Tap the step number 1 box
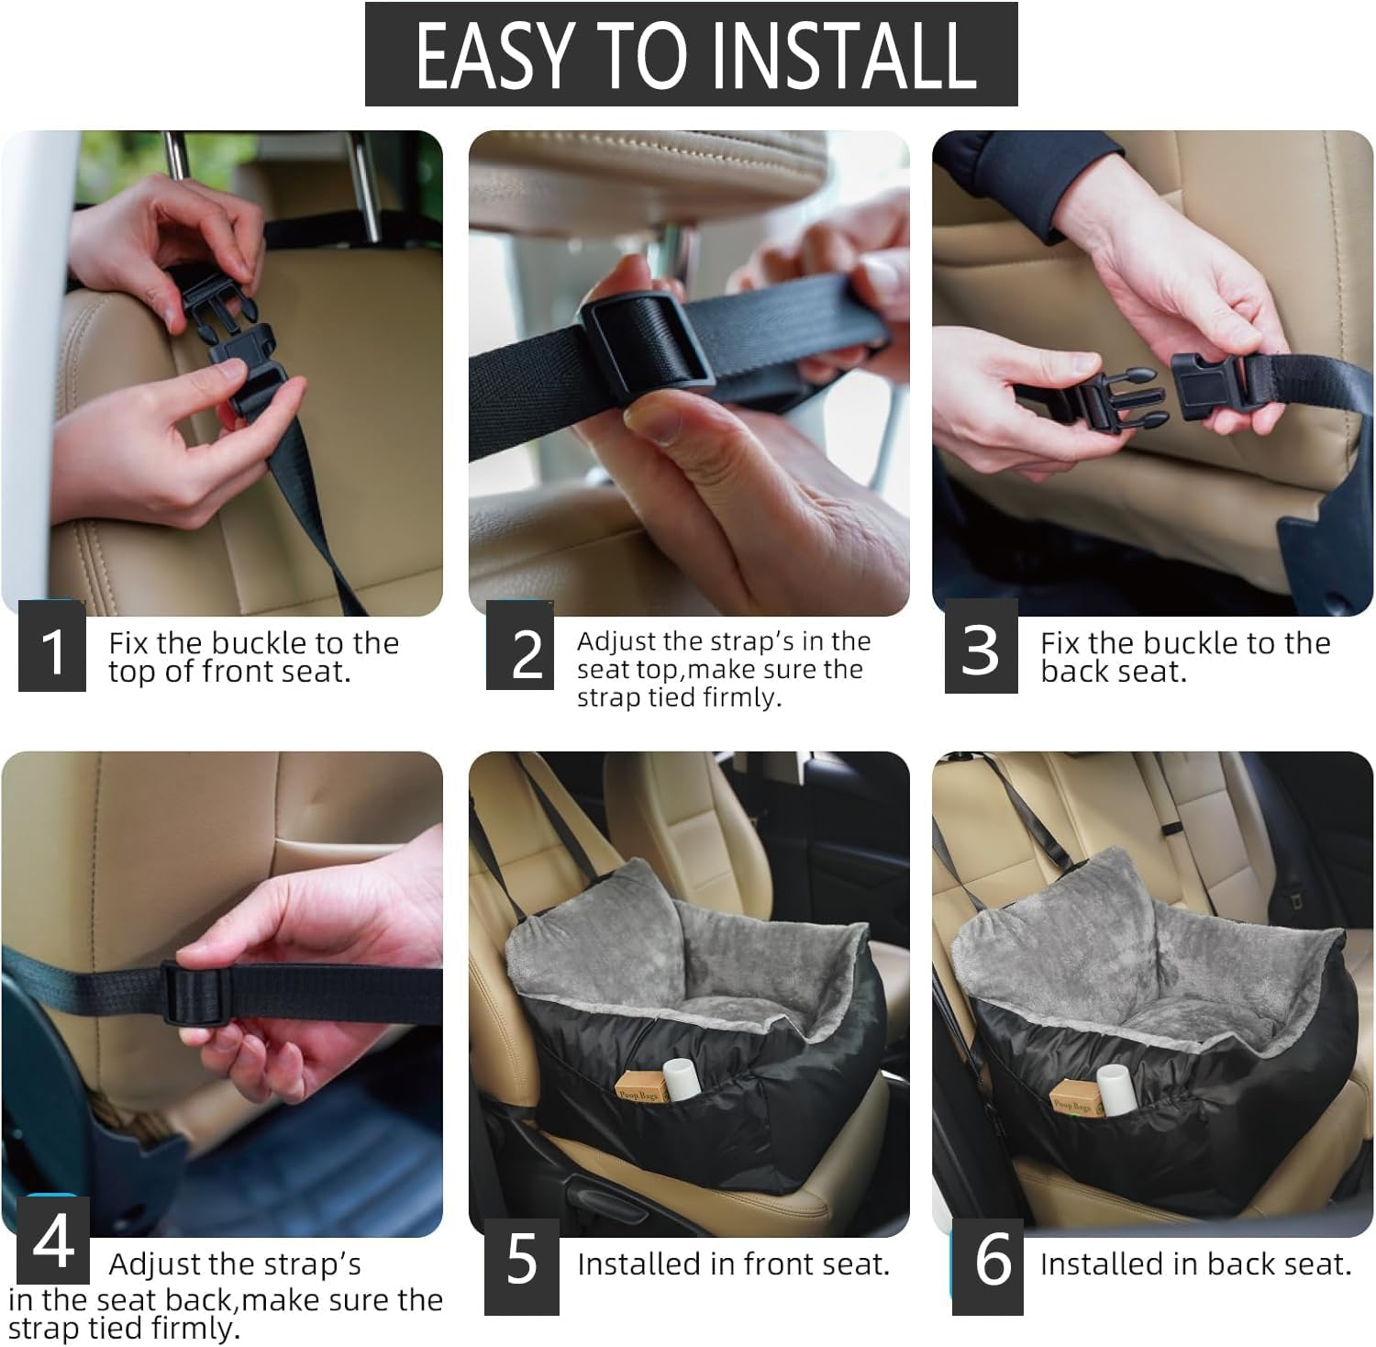(52, 647)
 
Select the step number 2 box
(520, 645)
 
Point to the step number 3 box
(982, 647)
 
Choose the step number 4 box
(53, 1239)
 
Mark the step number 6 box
(988, 1266)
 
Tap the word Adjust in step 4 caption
(159, 1264)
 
